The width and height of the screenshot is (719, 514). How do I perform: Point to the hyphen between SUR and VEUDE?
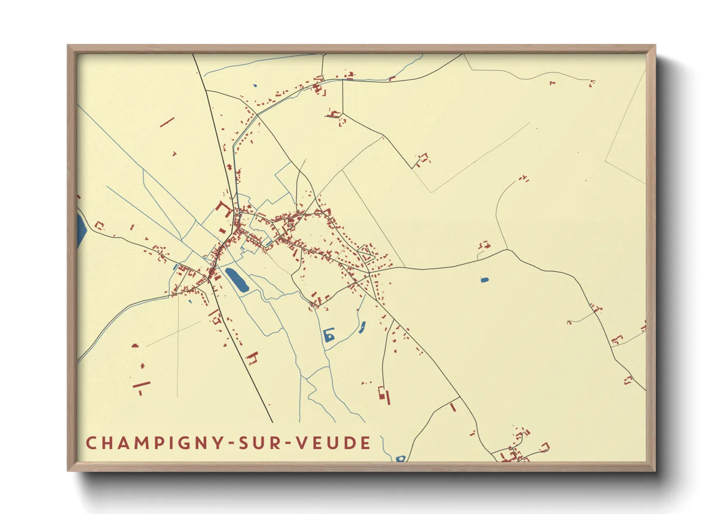point(290,444)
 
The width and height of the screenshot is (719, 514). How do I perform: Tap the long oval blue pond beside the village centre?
point(237,280)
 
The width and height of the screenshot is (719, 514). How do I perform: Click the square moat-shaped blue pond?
point(329,335)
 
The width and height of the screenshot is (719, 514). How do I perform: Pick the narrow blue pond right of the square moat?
point(362,327)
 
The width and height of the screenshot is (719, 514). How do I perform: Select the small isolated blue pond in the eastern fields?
point(484,280)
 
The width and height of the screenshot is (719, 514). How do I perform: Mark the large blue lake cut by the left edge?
point(81,230)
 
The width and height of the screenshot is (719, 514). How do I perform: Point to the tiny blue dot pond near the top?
point(255,86)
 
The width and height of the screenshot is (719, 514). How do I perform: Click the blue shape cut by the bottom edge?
point(400,458)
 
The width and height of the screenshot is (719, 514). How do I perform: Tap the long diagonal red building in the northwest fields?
point(167,122)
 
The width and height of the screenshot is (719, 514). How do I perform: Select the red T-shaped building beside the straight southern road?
point(252,358)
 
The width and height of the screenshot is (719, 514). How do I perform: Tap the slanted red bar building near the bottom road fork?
point(453,407)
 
